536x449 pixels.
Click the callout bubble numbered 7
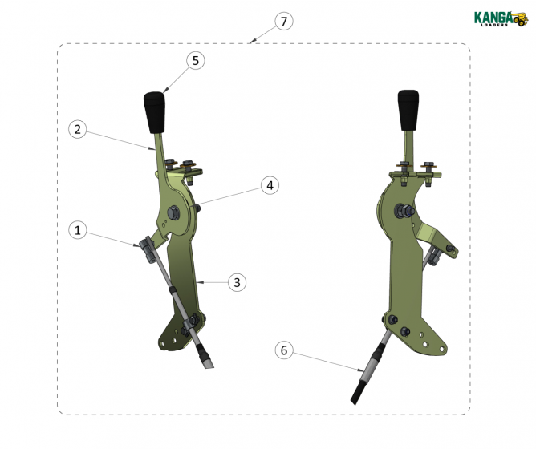tap(284, 21)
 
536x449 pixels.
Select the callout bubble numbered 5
tap(196, 60)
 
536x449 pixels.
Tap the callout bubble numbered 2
tap(78, 130)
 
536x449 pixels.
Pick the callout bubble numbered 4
tap(270, 185)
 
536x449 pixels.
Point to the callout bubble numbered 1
tap(78, 230)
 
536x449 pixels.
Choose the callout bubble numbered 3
tap(237, 282)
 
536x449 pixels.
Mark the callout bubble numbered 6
tap(284, 350)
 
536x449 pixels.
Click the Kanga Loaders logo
tap(501, 18)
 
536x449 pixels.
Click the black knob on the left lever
tap(154, 112)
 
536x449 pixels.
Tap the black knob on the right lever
tap(408, 110)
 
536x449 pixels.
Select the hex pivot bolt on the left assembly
tap(173, 212)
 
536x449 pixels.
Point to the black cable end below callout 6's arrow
tap(358, 393)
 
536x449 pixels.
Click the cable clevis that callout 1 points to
tap(146, 249)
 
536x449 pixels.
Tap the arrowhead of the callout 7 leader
tap(251, 42)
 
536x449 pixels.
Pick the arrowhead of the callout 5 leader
tap(165, 91)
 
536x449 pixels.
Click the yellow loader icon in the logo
tap(520, 19)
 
